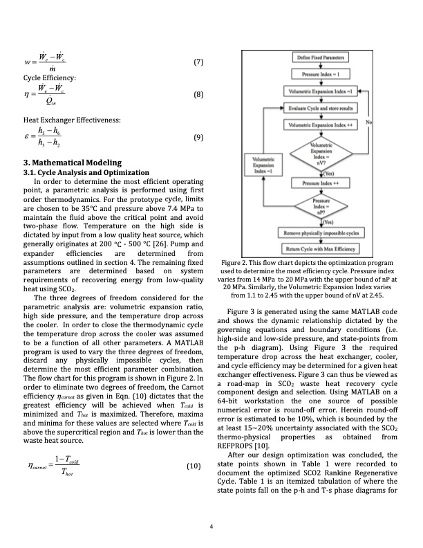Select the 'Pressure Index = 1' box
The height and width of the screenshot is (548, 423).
321,73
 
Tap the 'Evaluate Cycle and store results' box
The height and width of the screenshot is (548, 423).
321,108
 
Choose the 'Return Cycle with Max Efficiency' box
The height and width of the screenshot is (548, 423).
321,248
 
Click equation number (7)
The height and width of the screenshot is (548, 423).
198,63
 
